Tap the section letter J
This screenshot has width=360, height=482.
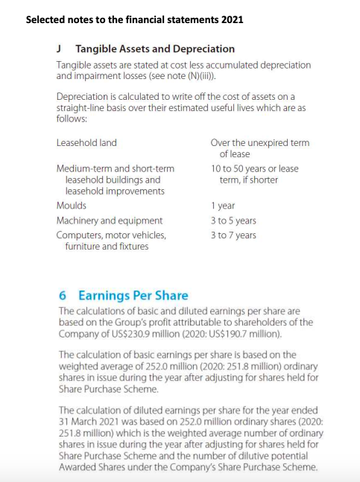pos(60,48)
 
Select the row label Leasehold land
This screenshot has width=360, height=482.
pos(86,142)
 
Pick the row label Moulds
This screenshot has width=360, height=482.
pos(72,205)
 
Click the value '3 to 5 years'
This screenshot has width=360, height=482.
pos(233,221)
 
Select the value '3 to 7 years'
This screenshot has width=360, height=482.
pos(233,235)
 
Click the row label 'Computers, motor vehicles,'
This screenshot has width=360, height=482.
pos(112,235)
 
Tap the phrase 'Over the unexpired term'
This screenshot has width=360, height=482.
pos(260,142)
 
